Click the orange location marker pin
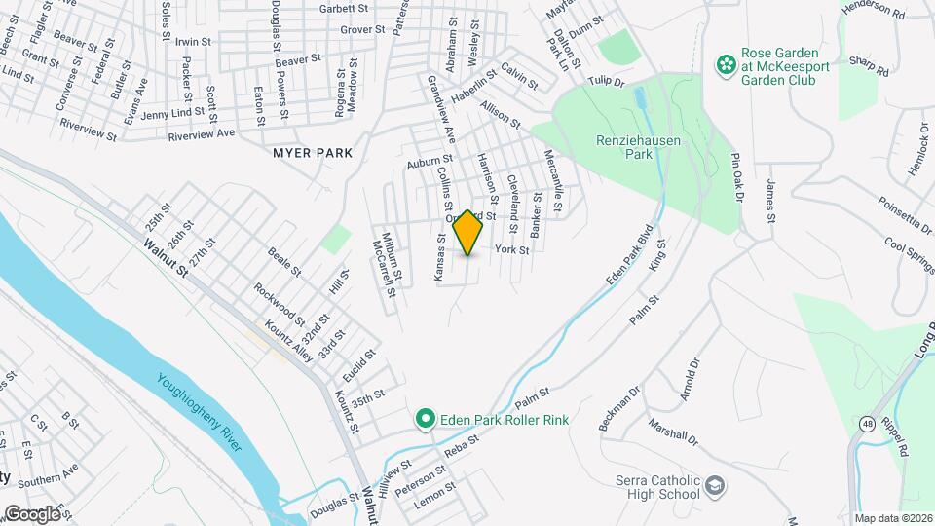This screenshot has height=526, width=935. point(468,233)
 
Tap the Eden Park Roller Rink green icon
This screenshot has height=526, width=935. point(425,420)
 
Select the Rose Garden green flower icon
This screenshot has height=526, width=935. point(726,65)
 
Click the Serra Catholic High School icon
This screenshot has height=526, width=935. point(716,485)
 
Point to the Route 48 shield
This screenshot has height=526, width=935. point(866,423)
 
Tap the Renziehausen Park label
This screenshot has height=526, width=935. point(638,147)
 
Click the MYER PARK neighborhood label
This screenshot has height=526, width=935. point(313,154)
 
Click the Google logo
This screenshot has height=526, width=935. point(33,513)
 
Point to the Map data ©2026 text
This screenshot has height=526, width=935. point(893,518)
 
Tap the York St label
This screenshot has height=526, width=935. point(511,250)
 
